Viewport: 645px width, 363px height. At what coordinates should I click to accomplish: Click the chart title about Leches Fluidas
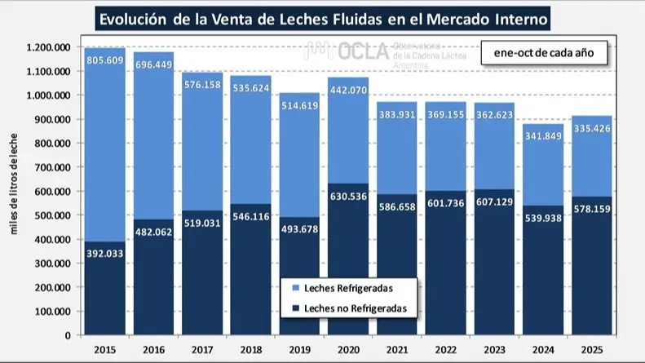point(322,18)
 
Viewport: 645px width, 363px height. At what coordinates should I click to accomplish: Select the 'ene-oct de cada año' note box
point(542,53)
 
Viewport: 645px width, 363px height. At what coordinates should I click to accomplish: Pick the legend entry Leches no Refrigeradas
point(348,308)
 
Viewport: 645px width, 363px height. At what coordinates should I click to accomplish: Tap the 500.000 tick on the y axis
point(51,215)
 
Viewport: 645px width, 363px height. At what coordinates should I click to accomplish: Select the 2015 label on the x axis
point(104,349)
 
